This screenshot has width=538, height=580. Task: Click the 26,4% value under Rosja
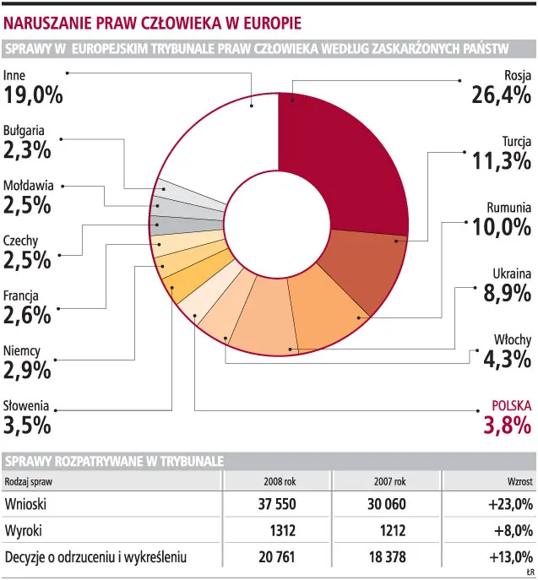501,95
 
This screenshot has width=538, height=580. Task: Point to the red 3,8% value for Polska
508,425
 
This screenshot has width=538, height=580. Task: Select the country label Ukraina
512,274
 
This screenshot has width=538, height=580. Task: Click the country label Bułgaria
24,131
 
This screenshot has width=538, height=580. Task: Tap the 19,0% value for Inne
33,95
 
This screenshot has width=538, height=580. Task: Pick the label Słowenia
26,405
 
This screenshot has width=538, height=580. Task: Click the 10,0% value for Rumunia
502,227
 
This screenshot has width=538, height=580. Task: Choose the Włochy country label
513,339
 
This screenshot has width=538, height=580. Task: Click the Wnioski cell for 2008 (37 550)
277,504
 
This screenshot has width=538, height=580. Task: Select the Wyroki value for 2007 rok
393,530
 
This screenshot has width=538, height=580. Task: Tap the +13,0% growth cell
511,556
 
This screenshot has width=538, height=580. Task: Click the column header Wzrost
520,481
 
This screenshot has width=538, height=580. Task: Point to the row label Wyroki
24,531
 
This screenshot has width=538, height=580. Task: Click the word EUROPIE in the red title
272,24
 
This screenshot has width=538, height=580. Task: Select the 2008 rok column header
280,481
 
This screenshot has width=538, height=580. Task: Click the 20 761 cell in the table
277,556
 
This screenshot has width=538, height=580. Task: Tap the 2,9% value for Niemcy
27,371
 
